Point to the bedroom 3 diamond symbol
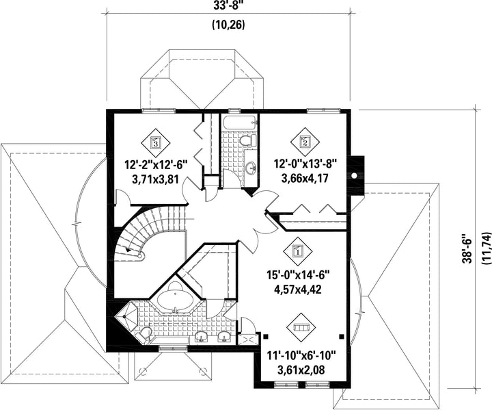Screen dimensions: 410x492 pos(155,143)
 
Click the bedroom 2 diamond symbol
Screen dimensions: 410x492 pos(305,142)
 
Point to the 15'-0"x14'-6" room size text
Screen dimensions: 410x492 pos(298,275)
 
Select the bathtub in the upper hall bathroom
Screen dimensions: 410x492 pos(238,123)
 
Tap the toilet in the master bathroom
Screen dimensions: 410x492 pos(144,333)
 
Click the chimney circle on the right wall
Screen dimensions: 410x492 pos(354,175)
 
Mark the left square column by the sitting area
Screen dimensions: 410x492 pos(266,336)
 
